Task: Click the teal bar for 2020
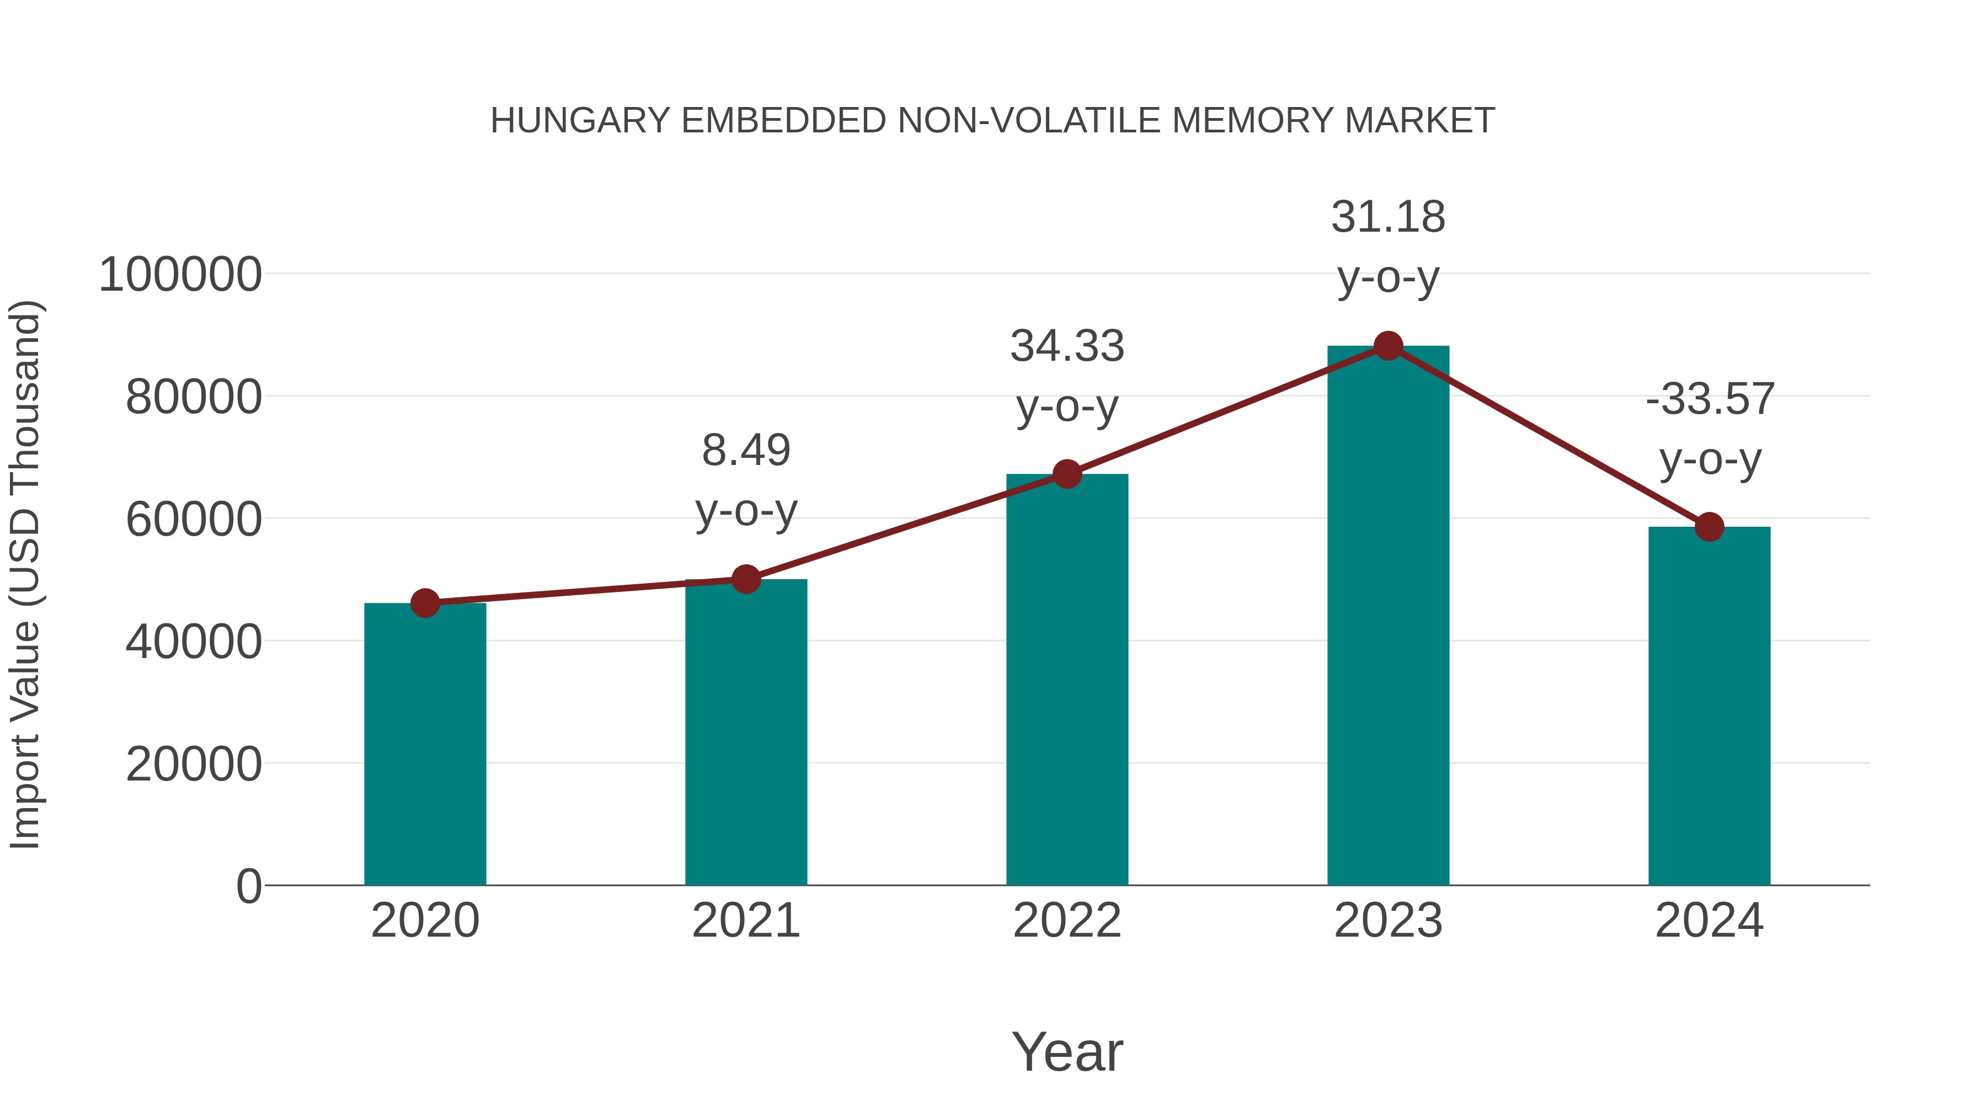click(425, 744)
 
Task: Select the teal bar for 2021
click(745, 733)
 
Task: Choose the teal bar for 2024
click(1709, 706)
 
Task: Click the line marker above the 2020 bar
click(425, 603)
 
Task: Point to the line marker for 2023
click(1388, 346)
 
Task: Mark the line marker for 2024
click(1709, 527)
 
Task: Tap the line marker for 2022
click(1067, 474)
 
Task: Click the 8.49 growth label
click(745, 451)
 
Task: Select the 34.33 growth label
click(1067, 346)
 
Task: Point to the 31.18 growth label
click(1388, 217)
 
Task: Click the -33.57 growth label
click(1709, 399)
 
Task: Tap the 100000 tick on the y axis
click(180, 275)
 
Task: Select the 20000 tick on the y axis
click(194, 765)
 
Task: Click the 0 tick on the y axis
click(248, 886)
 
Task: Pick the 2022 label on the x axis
click(1067, 921)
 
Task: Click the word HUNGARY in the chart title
click(580, 121)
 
